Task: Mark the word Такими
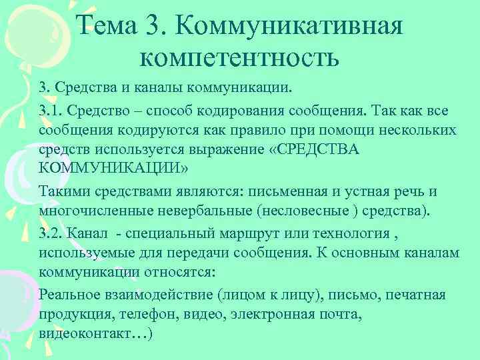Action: coord(61,192)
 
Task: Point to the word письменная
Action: coord(289,192)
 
